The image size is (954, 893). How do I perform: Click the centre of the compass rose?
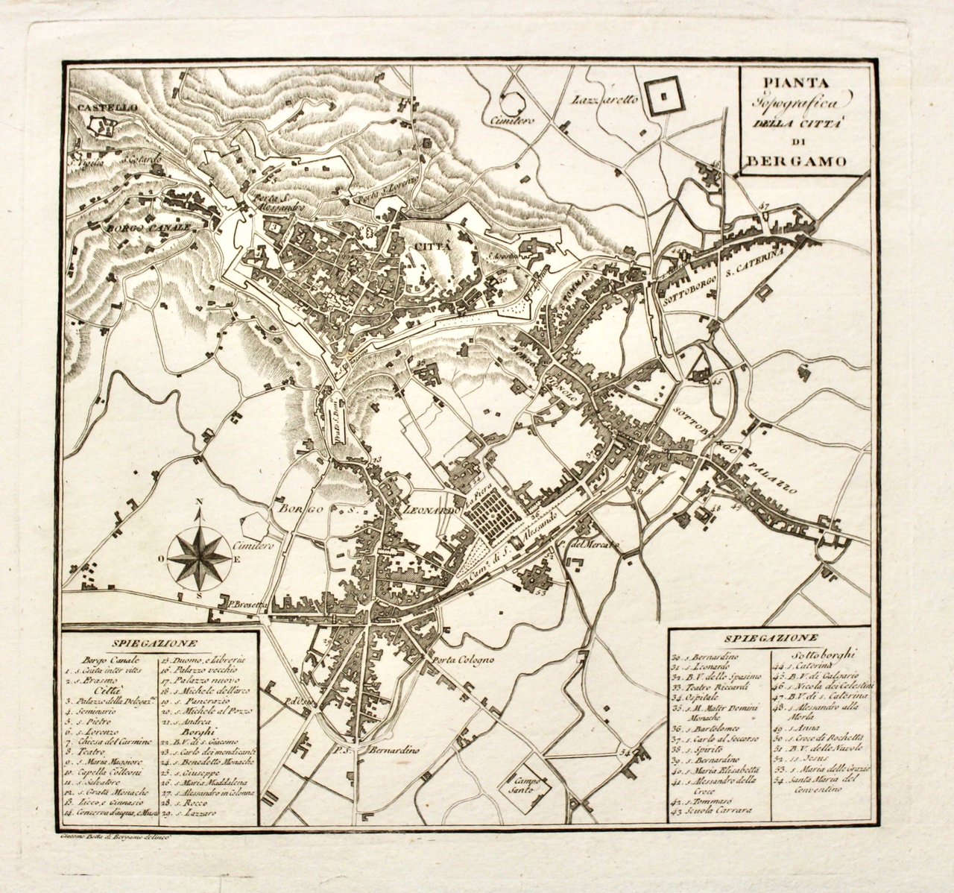[x=198, y=555]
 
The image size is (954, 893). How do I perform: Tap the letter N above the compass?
[x=199, y=512]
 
